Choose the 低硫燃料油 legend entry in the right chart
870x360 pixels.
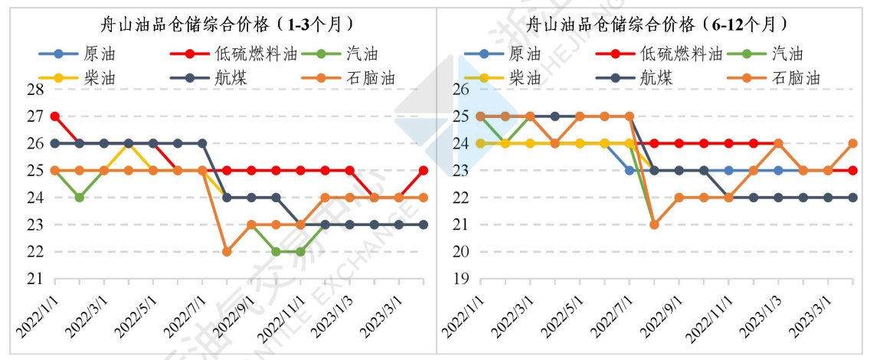point(680,54)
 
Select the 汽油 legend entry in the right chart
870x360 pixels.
point(787,54)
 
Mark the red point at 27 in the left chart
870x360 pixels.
point(55,116)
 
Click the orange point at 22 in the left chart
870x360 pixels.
point(227,251)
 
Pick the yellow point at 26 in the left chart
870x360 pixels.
point(129,143)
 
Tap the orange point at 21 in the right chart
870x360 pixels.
point(654,224)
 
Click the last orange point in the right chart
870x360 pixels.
point(852,143)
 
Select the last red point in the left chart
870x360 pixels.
point(423,170)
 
